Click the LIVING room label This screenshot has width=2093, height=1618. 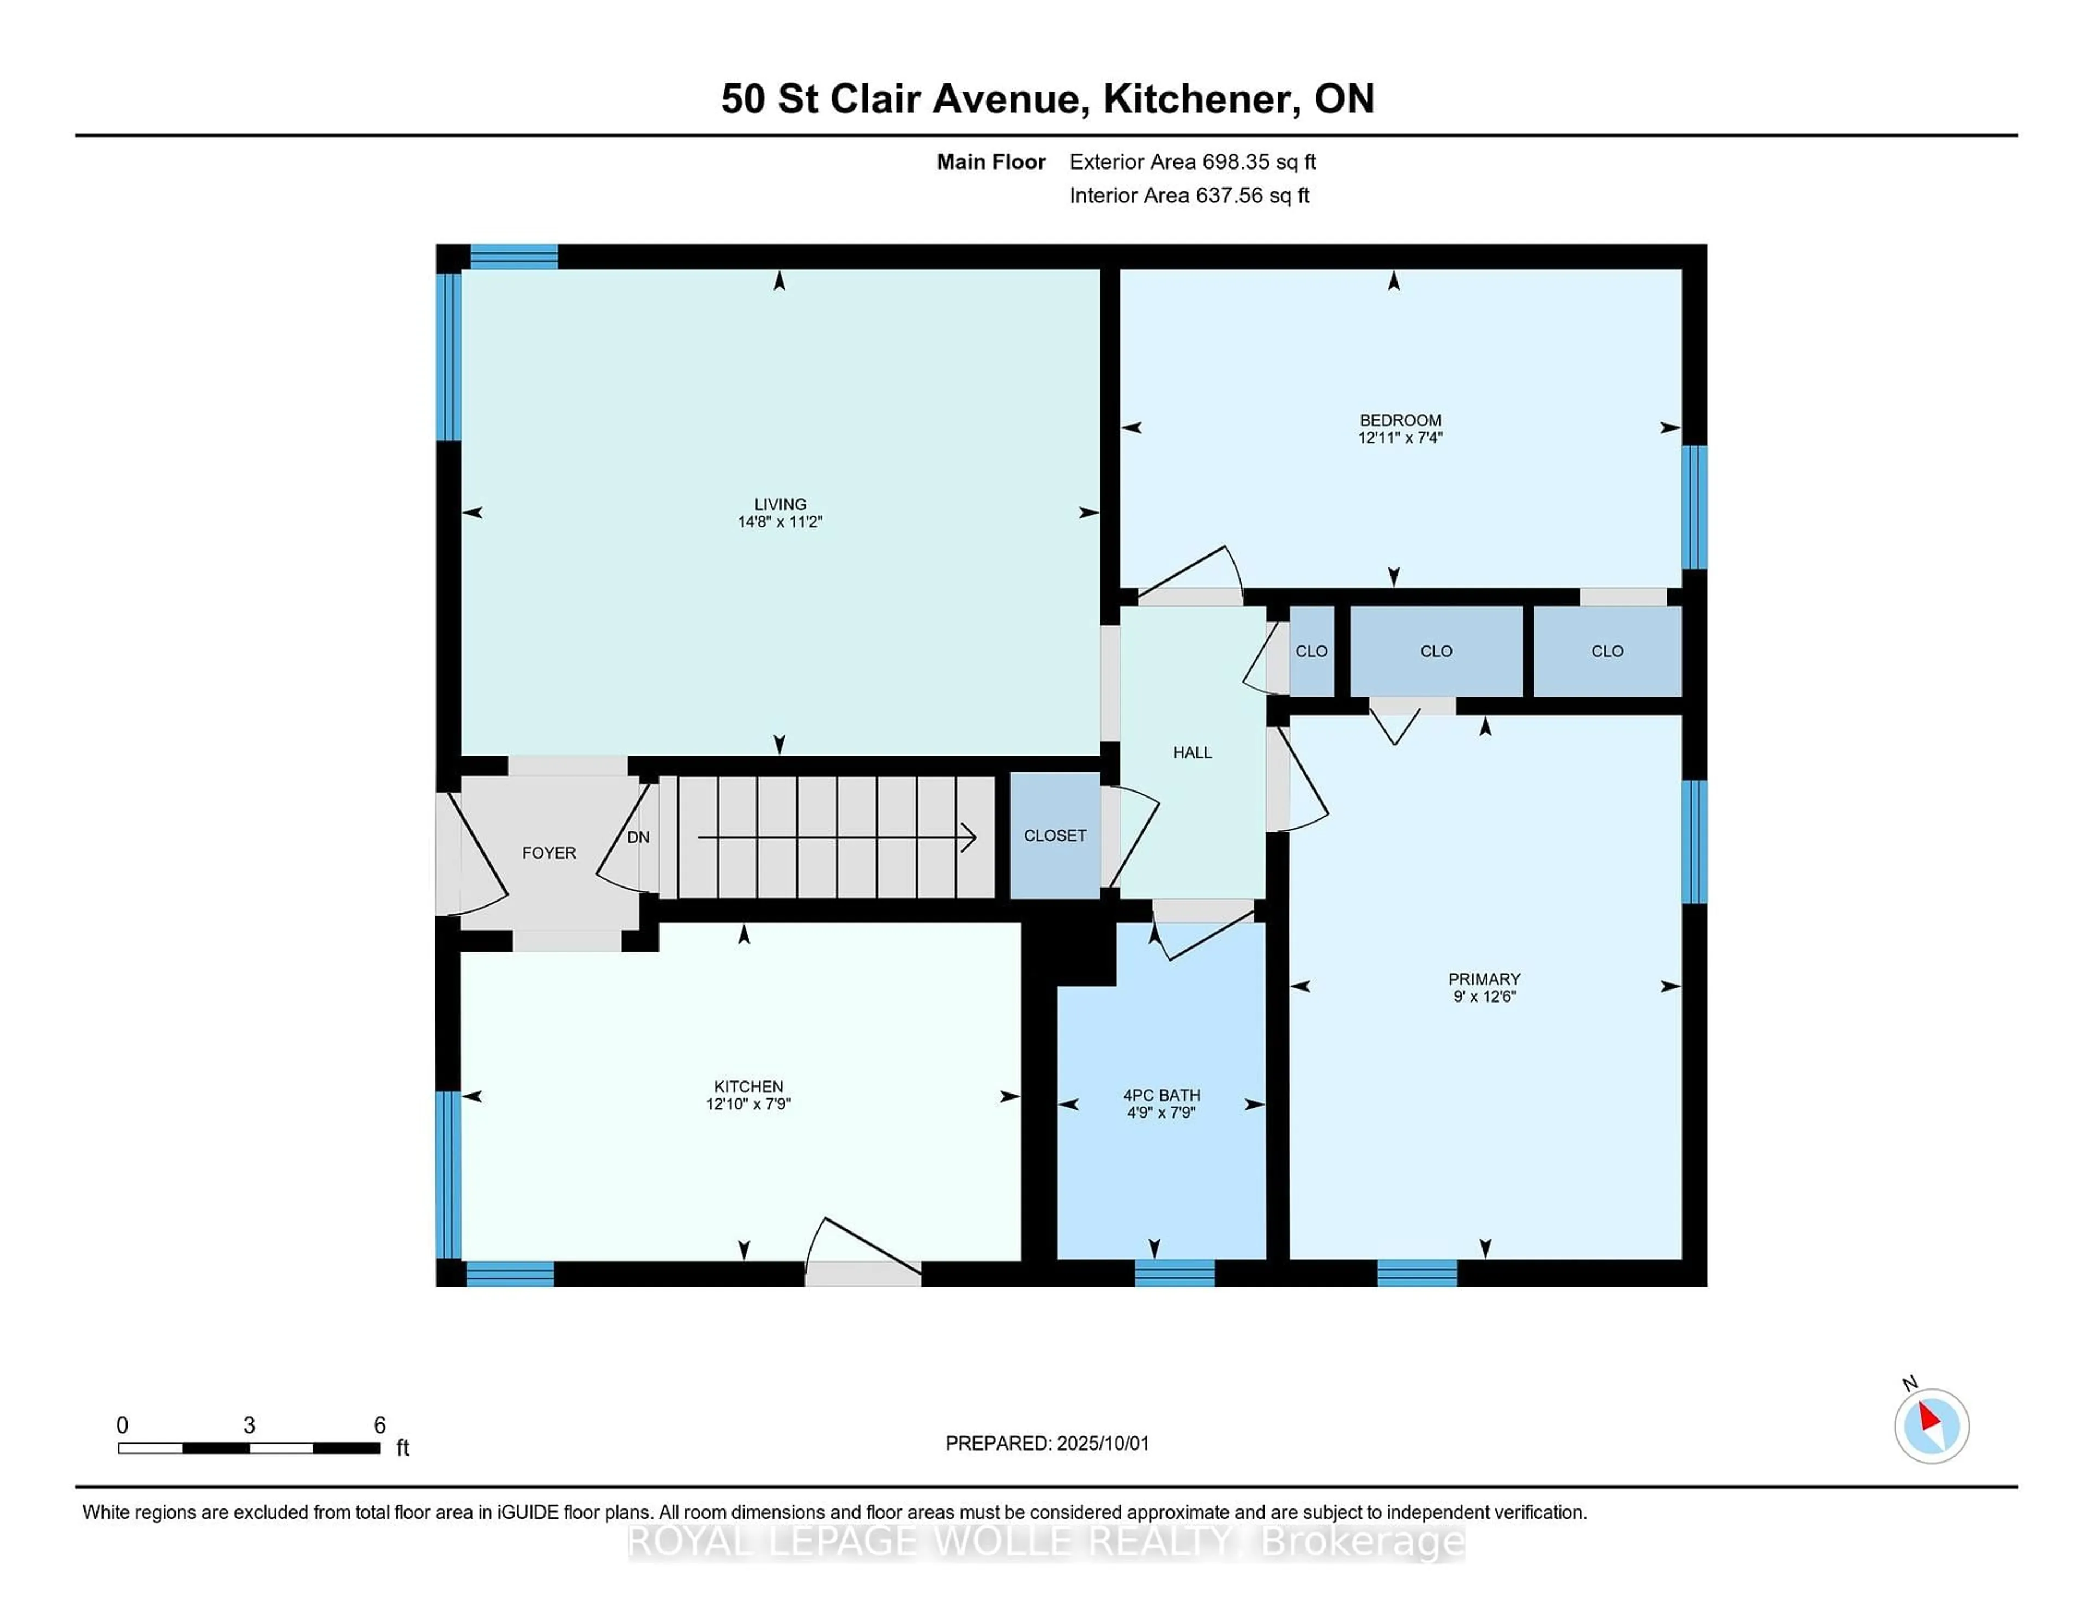pos(780,504)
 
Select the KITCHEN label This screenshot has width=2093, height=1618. pos(748,1086)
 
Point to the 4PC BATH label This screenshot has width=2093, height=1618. pos(1162,1095)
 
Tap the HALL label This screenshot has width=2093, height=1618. pos(1192,752)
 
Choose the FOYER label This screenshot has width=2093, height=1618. pos(549,852)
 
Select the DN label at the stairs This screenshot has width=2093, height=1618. pos(638,837)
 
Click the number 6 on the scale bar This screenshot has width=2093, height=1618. pos(379,1426)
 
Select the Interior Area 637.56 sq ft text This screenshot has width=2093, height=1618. pos(1189,196)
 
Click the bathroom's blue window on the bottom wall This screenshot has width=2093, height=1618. pos(1175,1273)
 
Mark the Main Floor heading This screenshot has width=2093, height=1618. pos(991,162)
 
